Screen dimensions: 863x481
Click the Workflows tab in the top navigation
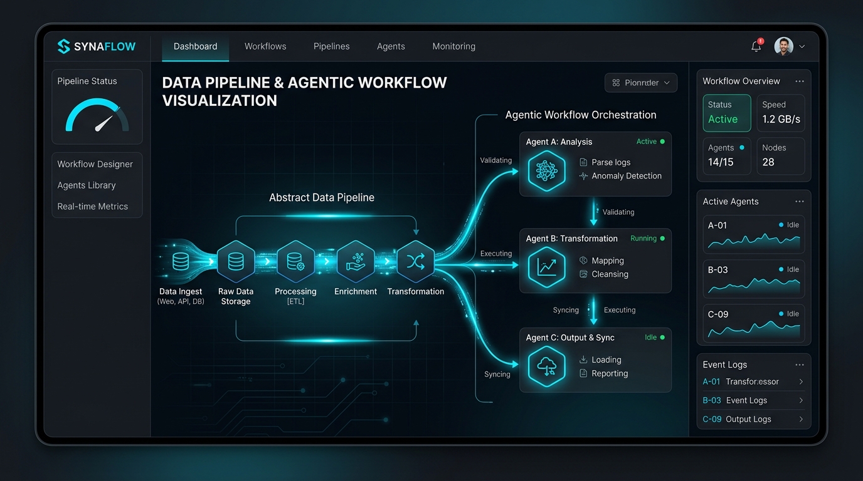(265, 46)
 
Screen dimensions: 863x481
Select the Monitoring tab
(453, 46)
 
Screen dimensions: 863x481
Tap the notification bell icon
(756, 46)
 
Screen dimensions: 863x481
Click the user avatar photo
(783, 46)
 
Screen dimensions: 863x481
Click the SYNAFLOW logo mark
(63, 46)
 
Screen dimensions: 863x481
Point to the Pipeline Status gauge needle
(103, 123)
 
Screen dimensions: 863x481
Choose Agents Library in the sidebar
(87, 185)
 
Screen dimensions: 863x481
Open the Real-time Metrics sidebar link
(92, 207)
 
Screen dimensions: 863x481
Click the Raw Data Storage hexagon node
(236, 262)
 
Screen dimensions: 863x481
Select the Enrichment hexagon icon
(356, 262)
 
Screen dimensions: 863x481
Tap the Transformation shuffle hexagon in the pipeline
(416, 262)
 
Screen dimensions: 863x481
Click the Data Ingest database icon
(181, 262)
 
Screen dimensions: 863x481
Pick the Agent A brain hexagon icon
(546, 171)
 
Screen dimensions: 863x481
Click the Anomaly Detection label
(627, 176)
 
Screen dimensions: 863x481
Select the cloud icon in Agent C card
(546, 366)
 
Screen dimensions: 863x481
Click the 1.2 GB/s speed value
(781, 119)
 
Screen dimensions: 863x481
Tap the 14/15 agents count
(721, 162)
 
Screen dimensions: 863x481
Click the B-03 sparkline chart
(754, 286)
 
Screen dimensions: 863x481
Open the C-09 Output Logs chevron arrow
(801, 419)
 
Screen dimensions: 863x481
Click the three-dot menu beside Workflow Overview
(800, 81)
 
